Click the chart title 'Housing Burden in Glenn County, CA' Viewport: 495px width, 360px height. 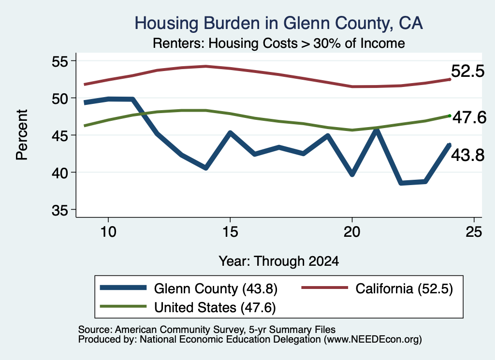tap(278, 23)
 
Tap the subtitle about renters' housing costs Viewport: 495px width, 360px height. tap(279, 43)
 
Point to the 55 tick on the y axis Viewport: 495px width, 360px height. tap(59, 61)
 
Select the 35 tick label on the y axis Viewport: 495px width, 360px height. tap(59, 210)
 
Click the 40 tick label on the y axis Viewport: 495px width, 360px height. tap(59, 173)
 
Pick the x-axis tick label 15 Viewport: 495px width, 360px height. tap(230, 232)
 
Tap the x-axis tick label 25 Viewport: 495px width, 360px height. tap(474, 232)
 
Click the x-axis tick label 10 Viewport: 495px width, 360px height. tap(108, 232)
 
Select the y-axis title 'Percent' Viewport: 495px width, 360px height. tap(22, 135)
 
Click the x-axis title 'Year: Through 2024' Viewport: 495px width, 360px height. tap(279, 261)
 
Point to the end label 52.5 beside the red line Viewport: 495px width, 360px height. tap(467, 71)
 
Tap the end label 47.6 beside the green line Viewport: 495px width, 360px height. tap(469, 118)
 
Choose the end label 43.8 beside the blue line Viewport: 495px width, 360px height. tap(467, 155)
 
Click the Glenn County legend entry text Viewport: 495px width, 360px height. tap(216, 288)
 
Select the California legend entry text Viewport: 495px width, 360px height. tap(404, 288)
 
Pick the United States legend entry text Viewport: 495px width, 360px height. tap(215, 307)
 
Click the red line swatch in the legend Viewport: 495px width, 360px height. tap(325, 288)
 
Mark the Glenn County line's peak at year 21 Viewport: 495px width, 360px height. tap(376, 130)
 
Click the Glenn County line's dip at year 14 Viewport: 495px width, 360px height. tap(206, 168)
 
